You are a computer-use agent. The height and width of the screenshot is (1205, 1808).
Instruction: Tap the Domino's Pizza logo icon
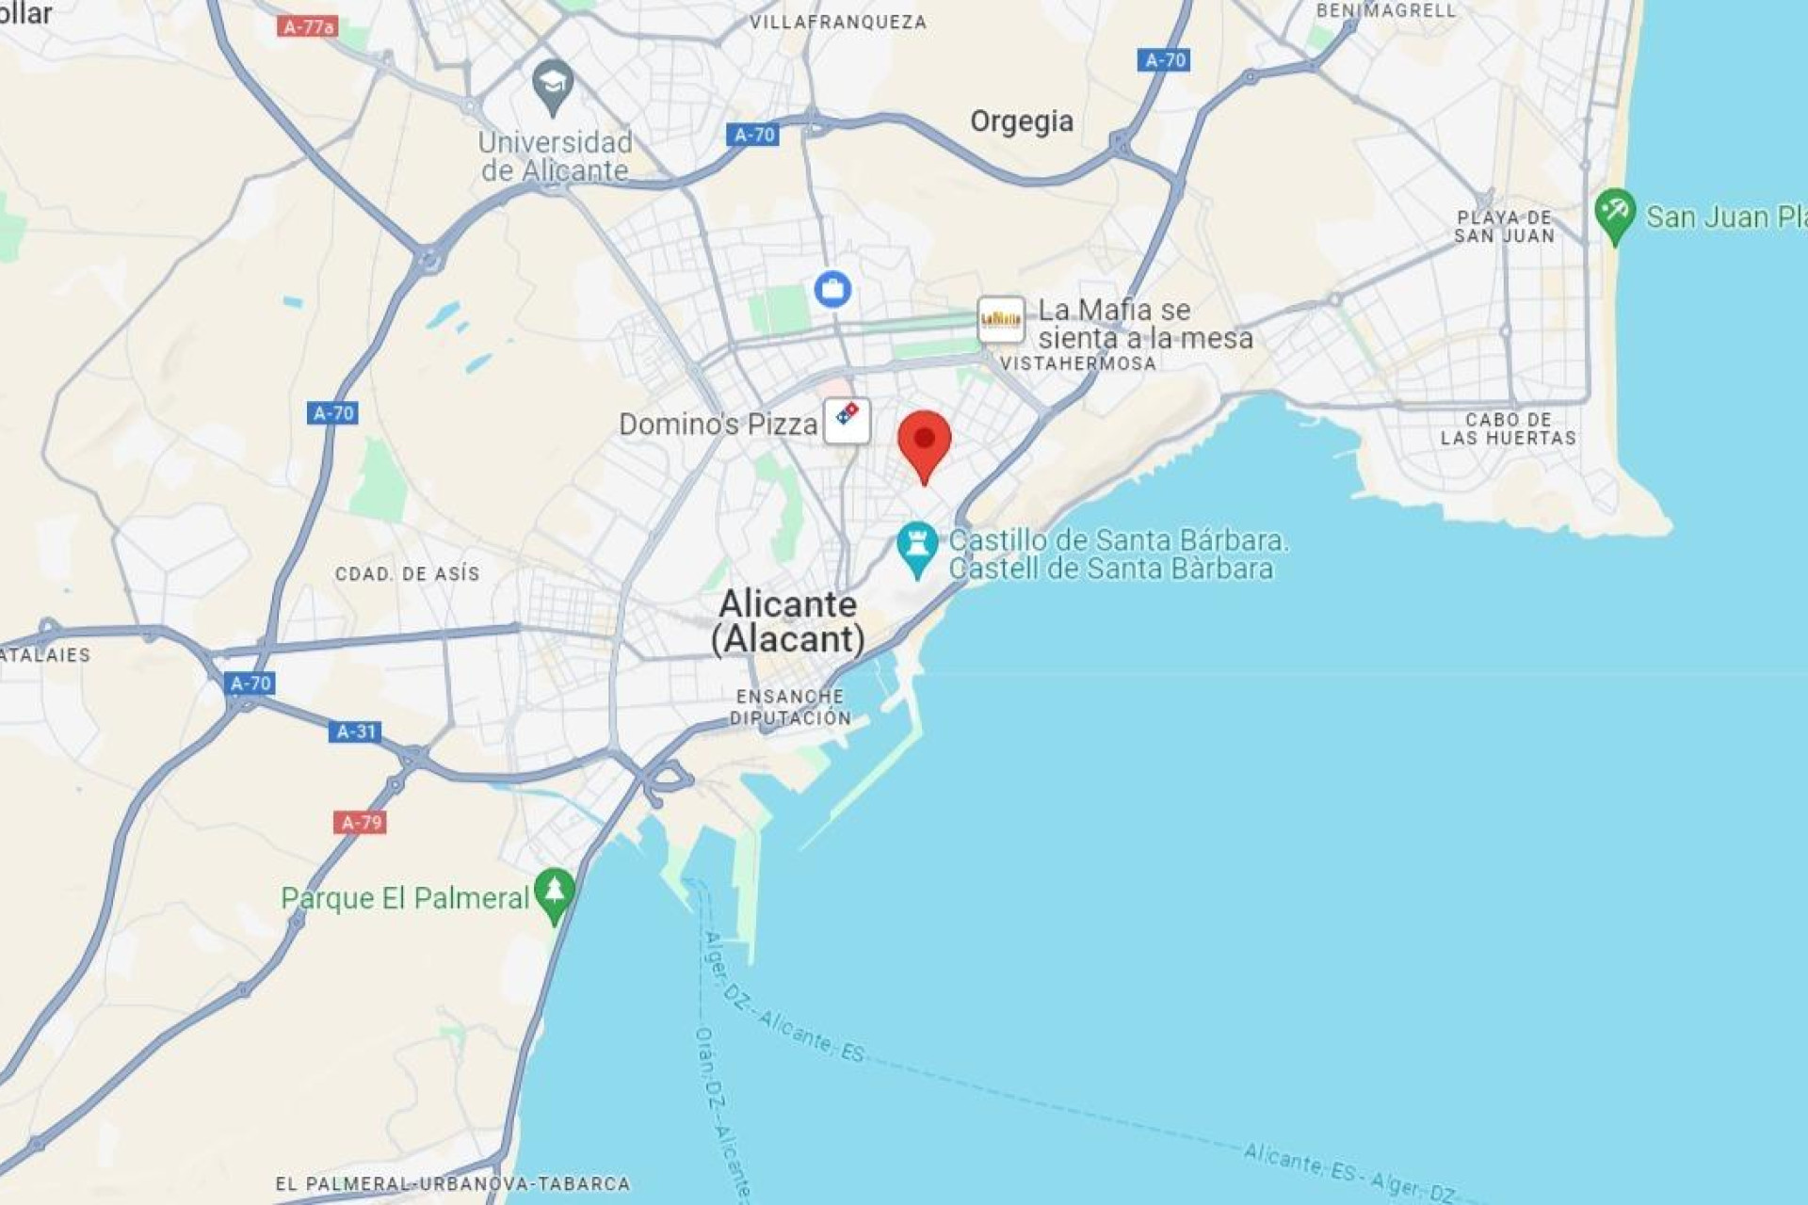[x=847, y=420]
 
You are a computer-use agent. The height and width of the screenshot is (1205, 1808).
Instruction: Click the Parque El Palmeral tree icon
[x=554, y=893]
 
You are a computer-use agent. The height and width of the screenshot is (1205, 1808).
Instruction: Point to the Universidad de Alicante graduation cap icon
[x=553, y=86]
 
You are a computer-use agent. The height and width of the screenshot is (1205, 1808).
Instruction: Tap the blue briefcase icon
[x=832, y=289]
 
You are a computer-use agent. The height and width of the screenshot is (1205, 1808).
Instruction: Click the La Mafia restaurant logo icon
[x=1000, y=320]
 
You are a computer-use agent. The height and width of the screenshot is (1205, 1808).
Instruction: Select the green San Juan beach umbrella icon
[x=1615, y=214]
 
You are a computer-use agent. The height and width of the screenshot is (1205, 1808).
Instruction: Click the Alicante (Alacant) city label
[x=788, y=621]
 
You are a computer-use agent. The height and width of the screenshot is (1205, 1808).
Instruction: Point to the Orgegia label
[x=1022, y=121]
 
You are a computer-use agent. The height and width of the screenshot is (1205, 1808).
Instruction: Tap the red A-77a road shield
[x=308, y=26]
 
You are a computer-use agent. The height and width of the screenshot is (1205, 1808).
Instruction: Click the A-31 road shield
[x=356, y=731]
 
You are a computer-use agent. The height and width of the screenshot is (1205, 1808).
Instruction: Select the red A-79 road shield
[x=360, y=823]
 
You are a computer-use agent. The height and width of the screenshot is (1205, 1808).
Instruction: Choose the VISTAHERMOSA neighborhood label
[x=1078, y=363]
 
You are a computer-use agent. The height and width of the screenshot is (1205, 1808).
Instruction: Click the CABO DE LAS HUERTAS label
[x=1508, y=428]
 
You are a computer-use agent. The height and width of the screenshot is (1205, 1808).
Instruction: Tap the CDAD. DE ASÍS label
[x=407, y=573]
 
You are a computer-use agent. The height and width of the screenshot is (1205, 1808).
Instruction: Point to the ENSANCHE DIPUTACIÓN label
[x=790, y=707]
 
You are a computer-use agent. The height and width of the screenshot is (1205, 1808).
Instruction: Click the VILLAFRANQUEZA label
[x=838, y=22]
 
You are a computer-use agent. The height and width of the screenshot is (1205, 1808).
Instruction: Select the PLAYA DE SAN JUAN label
[x=1504, y=227]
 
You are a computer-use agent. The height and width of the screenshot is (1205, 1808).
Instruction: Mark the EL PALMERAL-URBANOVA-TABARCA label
[x=453, y=1183]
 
